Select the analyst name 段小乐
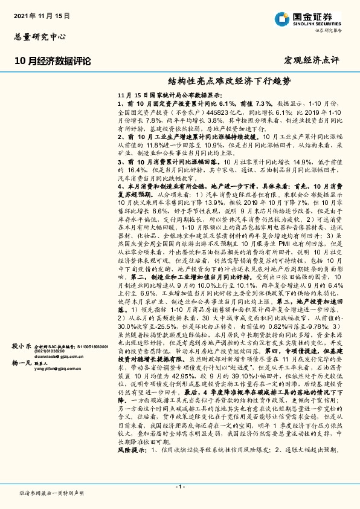coord(22,346)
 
